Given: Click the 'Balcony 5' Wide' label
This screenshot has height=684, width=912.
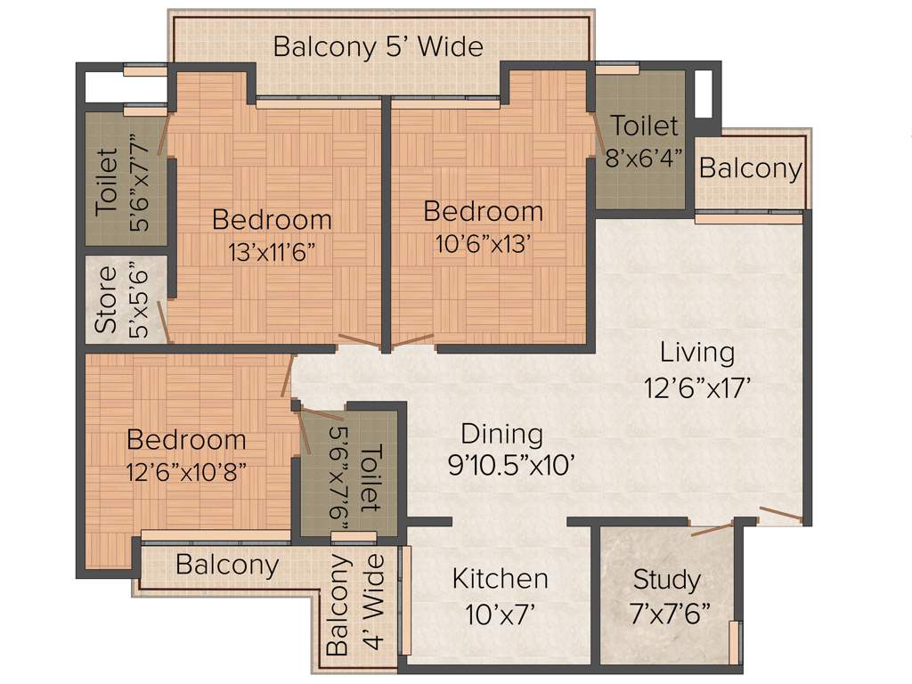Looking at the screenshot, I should click(x=378, y=46).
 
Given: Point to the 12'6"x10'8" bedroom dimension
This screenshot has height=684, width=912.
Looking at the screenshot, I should click(x=186, y=470).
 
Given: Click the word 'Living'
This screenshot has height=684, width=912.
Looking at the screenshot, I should click(x=697, y=353).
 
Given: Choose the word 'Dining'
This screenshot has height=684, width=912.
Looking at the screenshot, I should click(x=501, y=435).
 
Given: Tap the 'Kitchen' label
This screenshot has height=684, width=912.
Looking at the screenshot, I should click(x=500, y=579).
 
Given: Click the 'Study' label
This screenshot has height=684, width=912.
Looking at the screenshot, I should click(x=666, y=580).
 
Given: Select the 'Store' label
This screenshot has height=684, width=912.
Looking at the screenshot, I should click(x=106, y=299).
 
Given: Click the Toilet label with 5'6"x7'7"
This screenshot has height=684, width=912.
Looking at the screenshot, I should click(x=106, y=182).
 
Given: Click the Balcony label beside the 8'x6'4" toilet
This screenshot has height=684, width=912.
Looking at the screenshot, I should click(x=751, y=168).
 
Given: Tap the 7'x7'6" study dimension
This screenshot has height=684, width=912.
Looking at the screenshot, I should click(x=666, y=613).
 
